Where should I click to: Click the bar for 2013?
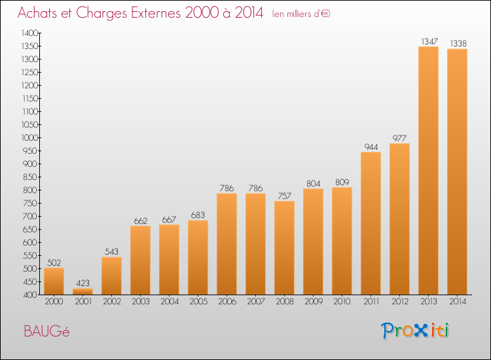[428, 171]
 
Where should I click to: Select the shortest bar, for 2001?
[82, 291]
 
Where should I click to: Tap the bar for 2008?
[284, 248]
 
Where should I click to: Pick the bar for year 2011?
[371, 223]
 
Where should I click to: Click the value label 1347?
[429, 41]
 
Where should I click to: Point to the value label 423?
[82, 283]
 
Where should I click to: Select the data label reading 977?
[399, 138]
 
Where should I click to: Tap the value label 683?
[198, 215]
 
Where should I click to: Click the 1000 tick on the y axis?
[29, 137]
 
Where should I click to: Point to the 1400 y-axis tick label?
[29, 33]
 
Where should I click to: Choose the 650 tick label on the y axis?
[30, 230]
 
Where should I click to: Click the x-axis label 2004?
[170, 302]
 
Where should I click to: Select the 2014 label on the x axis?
[458, 302]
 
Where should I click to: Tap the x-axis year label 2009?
[314, 302]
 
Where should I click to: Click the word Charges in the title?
[101, 13]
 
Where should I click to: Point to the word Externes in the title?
[156, 13]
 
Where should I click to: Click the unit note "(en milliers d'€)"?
[301, 14]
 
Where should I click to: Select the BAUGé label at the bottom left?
[46, 331]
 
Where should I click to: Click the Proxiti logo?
[415, 331]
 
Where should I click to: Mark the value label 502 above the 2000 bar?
[54, 262]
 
